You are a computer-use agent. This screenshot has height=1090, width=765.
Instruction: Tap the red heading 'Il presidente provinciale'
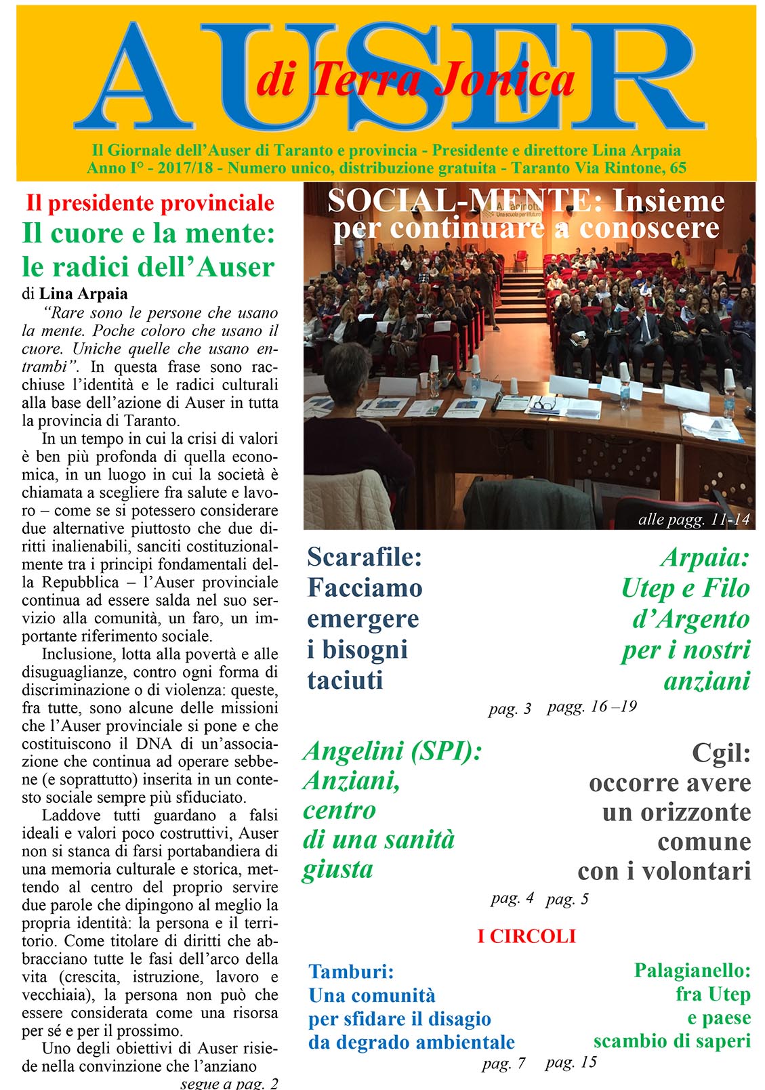tap(150, 203)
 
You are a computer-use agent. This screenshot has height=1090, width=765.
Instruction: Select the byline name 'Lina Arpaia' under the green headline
tap(83, 293)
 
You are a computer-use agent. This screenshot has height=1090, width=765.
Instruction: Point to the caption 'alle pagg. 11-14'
tap(694, 520)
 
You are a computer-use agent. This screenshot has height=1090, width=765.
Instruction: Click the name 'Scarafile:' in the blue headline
tap(365, 557)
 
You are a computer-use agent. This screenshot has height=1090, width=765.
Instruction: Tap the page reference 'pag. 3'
tap(510, 709)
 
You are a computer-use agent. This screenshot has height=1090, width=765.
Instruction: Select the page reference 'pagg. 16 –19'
tap(592, 707)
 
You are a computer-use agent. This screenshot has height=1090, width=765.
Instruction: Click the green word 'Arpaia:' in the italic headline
tap(705, 558)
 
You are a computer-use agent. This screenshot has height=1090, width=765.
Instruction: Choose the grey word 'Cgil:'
tap(721, 753)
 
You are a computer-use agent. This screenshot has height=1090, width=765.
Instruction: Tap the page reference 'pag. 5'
tap(567, 899)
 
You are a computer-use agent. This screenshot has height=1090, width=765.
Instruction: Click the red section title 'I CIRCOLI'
tap(526, 936)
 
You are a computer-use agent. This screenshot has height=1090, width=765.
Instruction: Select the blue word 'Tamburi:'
tap(351, 971)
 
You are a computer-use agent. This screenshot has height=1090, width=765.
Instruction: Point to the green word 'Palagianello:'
tap(692, 971)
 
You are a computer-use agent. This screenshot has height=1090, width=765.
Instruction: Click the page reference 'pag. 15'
tap(571, 1062)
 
